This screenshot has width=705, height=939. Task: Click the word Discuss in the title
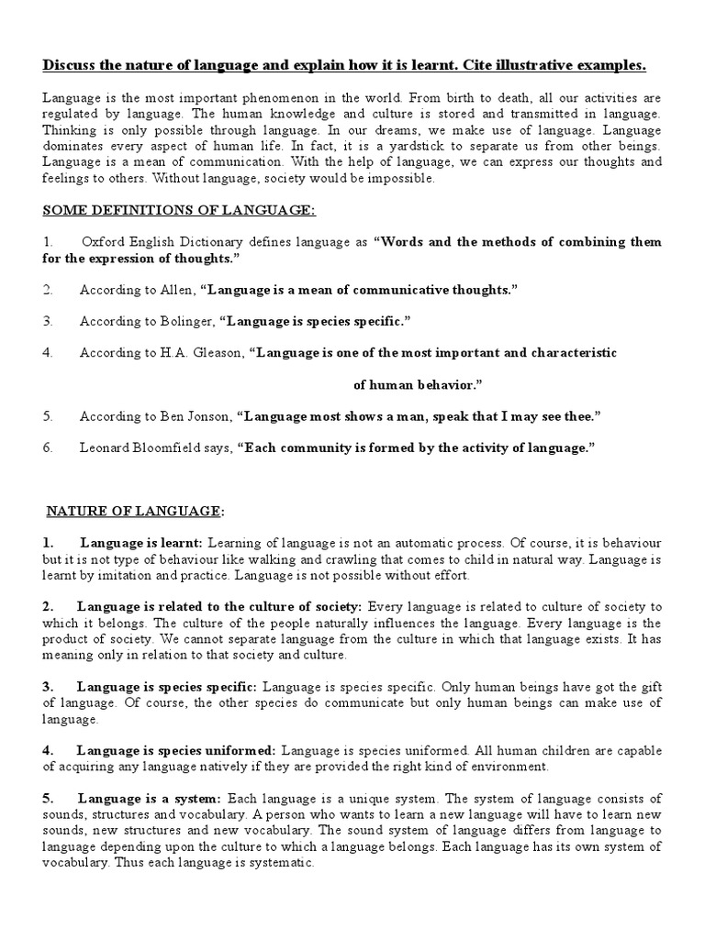point(71,65)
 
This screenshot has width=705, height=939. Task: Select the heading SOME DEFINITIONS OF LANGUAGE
point(179,210)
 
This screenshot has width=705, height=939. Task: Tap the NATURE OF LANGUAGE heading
point(133,510)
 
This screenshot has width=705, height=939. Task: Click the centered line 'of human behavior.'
point(418,384)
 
